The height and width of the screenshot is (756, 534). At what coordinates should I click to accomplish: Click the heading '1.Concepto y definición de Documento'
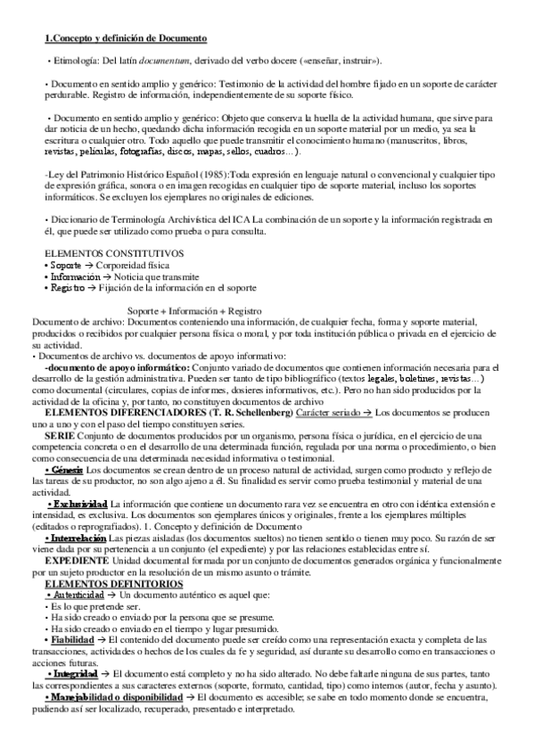126,38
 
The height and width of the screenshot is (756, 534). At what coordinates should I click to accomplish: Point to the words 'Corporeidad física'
136,266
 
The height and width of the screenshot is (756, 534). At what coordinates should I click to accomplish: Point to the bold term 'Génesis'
68,470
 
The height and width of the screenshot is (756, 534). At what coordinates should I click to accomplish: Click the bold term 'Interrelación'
82,539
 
